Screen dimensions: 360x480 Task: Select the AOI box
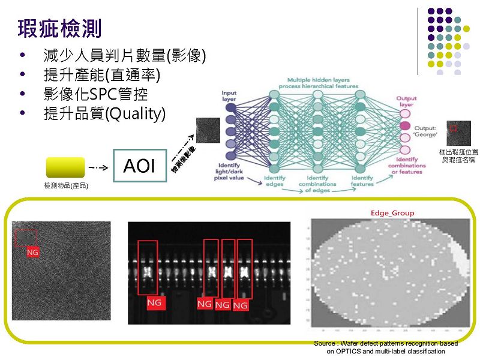[140, 166]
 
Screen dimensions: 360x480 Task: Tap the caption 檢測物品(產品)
[66, 186]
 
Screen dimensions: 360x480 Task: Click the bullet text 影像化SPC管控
[95, 94]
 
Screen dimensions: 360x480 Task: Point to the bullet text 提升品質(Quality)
[104, 113]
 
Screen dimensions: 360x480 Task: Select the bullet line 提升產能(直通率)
[102, 76]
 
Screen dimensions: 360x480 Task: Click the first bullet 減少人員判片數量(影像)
[124, 56]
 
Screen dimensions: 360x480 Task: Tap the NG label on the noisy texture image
[33, 253]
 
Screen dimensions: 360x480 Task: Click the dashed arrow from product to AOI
[98, 166]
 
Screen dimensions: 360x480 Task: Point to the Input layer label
[229, 96]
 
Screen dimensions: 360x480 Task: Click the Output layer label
[406, 101]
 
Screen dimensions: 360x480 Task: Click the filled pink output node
[406, 125]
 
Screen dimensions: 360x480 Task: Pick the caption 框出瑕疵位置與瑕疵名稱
[458, 157]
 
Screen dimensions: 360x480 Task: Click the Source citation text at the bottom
[386, 347]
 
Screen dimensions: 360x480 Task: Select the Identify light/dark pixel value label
[229, 172]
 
